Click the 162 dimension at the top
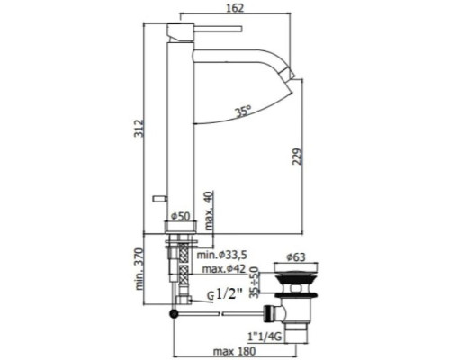[x=236, y=7]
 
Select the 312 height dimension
[x=139, y=129]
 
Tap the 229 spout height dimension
[x=297, y=157]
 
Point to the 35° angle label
[x=243, y=111]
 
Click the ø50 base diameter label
[x=181, y=216]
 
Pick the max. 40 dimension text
[x=209, y=211]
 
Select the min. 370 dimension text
[x=139, y=269]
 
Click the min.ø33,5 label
[x=221, y=255]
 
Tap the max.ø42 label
[x=224, y=268]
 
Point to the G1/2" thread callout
[x=225, y=295]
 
